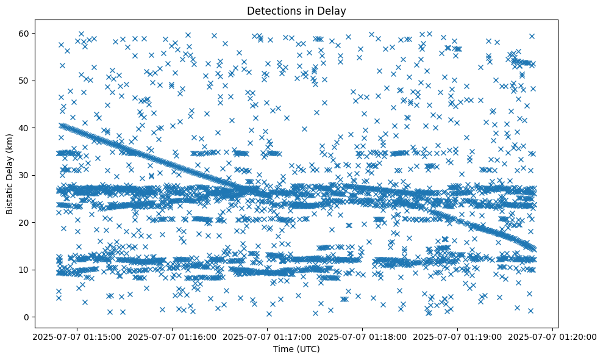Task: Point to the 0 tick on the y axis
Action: click(25, 317)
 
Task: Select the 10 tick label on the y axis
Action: click(23, 270)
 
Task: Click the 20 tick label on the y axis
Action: click(23, 223)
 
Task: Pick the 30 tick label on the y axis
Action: click(23, 175)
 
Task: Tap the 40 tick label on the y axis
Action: click(23, 128)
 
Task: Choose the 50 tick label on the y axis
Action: click(23, 81)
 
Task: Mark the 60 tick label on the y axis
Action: click(23, 33)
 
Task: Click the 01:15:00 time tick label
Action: click(77, 336)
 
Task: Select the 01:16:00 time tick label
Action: click(173, 336)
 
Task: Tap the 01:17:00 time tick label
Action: click(268, 336)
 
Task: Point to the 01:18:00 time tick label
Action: click(363, 336)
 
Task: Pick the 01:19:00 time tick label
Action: click(458, 336)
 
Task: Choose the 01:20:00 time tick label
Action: click(553, 336)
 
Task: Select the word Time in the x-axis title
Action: click(284, 350)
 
